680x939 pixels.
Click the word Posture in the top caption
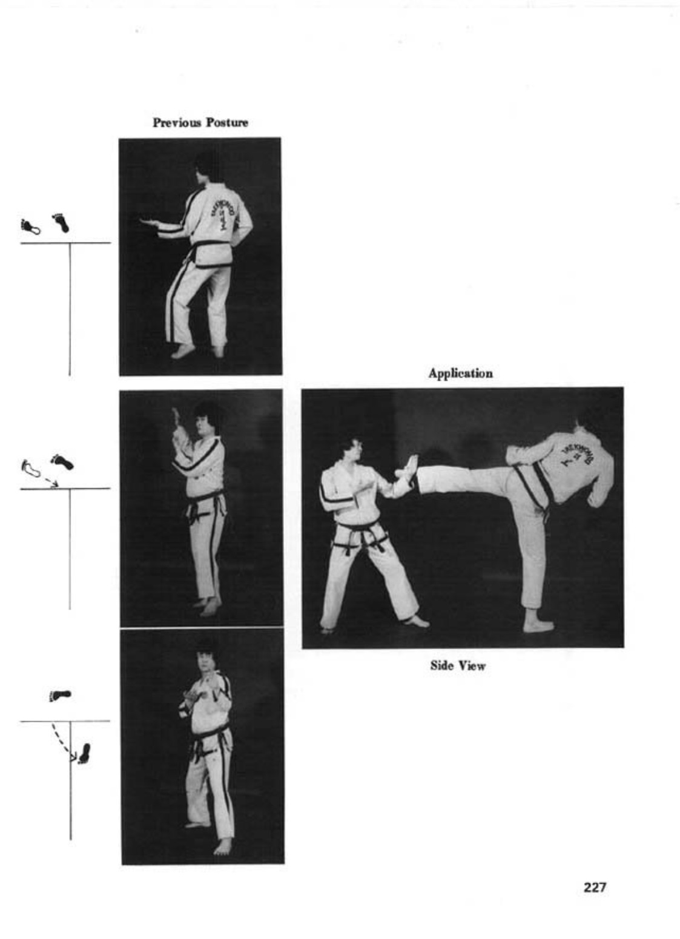229,122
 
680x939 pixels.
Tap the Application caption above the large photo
460,373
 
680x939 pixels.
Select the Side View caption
458,665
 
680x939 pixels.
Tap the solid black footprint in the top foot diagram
61,223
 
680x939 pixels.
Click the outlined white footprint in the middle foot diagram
30,468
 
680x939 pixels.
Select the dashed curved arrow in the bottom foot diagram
62,743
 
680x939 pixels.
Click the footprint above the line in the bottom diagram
60,696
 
